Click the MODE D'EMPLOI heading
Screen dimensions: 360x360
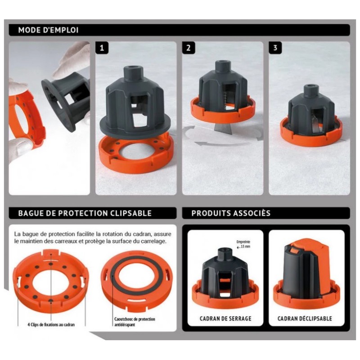click(48, 30)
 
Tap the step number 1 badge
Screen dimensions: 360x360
click(102, 48)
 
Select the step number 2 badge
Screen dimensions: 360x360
click(189, 48)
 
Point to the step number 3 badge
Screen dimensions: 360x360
click(275, 48)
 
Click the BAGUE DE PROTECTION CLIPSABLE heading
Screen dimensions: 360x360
click(85, 213)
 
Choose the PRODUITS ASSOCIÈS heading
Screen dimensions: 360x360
click(231, 213)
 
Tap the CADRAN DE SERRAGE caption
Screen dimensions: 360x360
click(225, 319)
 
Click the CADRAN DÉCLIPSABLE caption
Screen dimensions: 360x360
click(305, 319)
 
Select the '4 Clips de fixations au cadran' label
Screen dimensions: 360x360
click(51, 324)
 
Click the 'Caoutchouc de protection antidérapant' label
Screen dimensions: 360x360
click(135, 322)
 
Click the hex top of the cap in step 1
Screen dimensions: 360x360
click(134, 72)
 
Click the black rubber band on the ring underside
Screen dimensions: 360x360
click(137, 272)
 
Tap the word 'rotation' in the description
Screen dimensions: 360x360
click(114, 234)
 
